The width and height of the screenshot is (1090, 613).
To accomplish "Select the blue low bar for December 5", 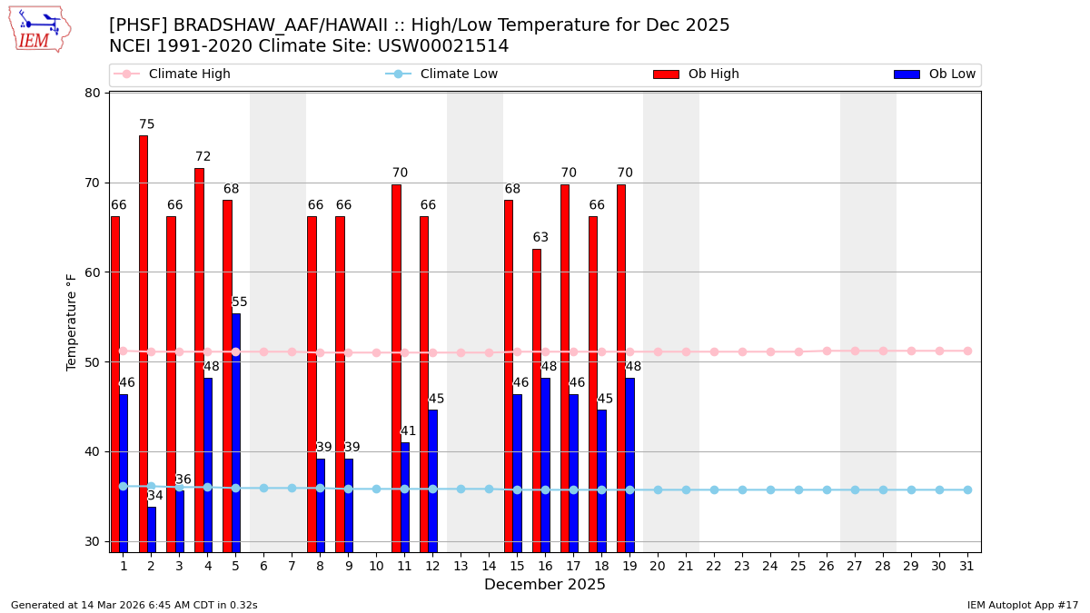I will point(236,432).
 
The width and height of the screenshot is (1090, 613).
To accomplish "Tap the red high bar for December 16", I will point(537,400).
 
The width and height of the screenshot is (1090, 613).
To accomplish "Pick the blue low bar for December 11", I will point(405,497).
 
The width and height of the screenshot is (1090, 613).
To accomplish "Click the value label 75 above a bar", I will point(147,125).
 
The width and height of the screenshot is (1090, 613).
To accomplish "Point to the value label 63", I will point(540,238).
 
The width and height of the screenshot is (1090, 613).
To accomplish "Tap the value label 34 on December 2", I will point(155,496).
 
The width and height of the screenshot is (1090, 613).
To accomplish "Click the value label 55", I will point(240,302).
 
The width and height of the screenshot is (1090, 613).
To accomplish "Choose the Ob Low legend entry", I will point(935,74).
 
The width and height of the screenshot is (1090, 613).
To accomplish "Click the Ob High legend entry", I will point(696,74).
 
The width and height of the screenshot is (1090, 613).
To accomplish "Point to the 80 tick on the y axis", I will point(93,93).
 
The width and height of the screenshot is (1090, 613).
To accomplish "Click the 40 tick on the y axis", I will point(93,451).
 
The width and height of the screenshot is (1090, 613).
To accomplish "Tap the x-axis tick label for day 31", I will point(967,567).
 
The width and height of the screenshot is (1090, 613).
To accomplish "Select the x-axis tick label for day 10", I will point(376,567).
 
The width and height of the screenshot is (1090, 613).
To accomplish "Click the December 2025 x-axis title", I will point(545,585).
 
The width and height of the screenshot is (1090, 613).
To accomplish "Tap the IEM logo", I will point(39,29).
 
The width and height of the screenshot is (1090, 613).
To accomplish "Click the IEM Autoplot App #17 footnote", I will point(1022,605).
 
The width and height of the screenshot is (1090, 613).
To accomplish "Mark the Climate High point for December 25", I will point(798,351).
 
